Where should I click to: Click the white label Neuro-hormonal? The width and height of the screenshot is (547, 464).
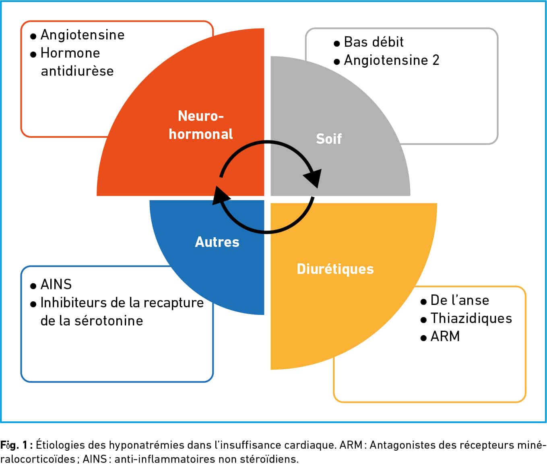click(x=201, y=125)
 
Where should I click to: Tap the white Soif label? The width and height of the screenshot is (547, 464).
click(x=329, y=139)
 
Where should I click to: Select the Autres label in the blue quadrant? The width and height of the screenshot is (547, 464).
click(x=217, y=242)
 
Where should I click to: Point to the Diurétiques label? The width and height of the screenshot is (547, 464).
click(x=335, y=269)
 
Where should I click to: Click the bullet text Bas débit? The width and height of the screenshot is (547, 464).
click(x=374, y=42)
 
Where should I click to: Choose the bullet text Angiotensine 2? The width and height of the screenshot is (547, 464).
click(x=392, y=60)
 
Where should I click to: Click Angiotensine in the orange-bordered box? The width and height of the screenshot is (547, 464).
click(x=83, y=35)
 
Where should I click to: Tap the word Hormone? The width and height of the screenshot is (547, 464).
click(x=70, y=53)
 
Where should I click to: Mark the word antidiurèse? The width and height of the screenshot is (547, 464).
click(x=77, y=71)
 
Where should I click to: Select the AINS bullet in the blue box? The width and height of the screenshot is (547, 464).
click(x=56, y=284)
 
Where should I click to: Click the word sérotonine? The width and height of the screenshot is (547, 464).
click(x=109, y=321)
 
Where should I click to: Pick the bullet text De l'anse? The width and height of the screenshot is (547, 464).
click(x=460, y=300)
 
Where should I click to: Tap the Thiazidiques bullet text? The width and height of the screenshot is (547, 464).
click(x=471, y=318)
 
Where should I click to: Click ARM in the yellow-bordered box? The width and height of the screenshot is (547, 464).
click(x=445, y=336)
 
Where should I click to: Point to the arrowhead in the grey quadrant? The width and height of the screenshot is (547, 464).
click(x=313, y=178)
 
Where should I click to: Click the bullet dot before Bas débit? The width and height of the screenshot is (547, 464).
click(x=336, y=43)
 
